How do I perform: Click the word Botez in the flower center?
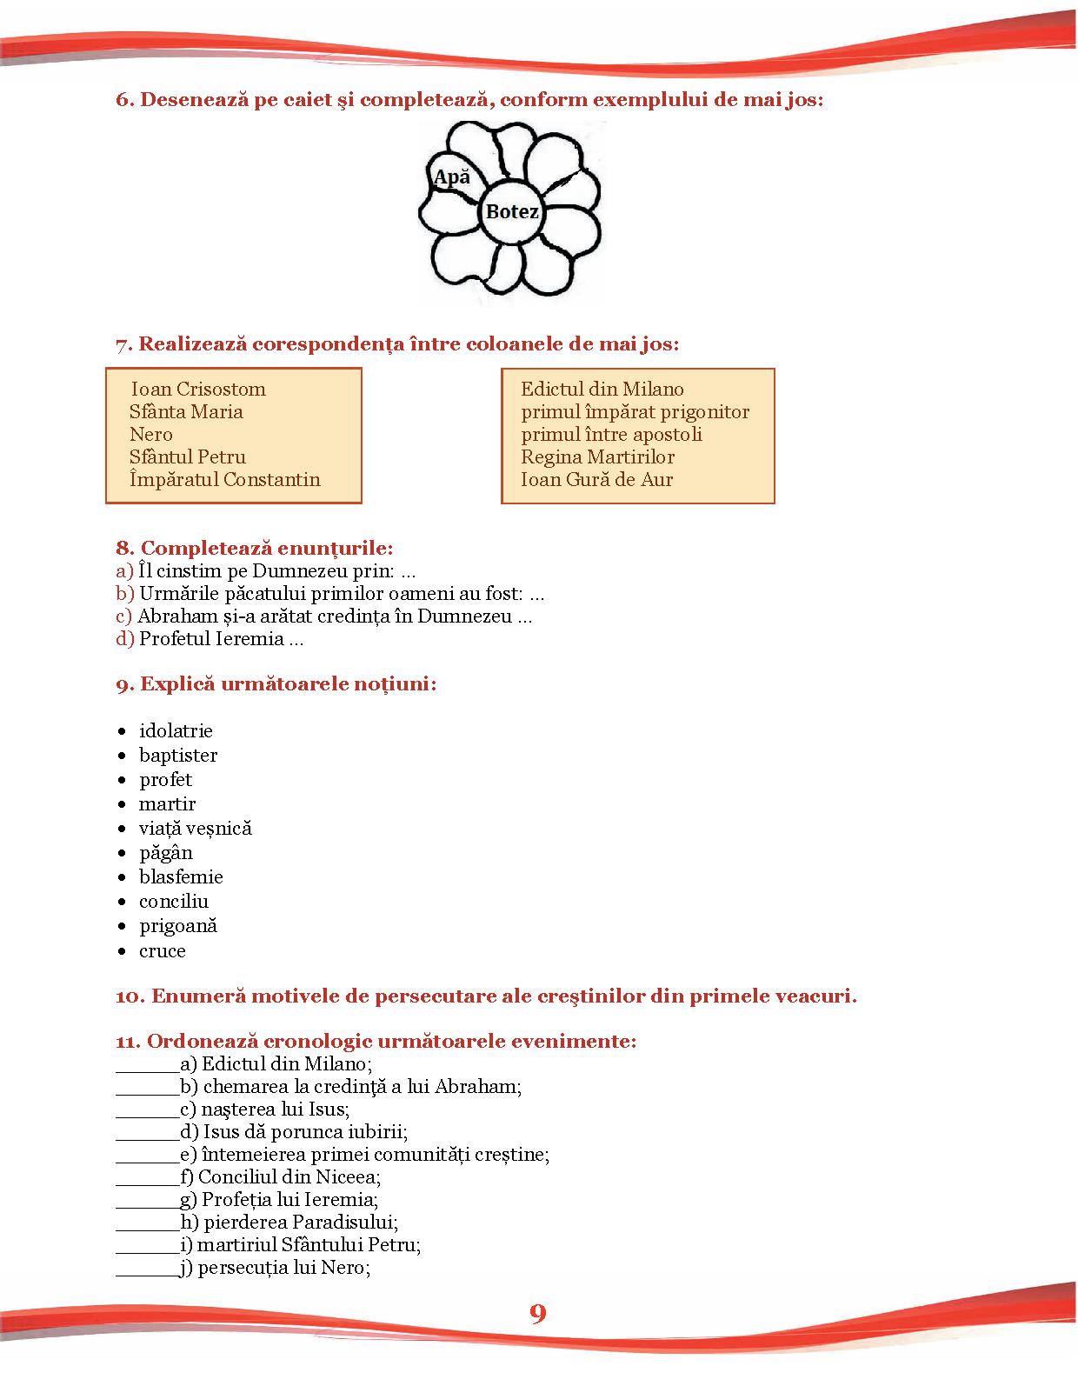pyautogui.click(x=512, y=211)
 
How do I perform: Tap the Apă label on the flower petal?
pyautogui.click(x=451, y=177)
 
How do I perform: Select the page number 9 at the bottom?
pyautogui.click(x=538, y=1313)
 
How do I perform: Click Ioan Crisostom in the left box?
pyautogui.click(x=198, y=389)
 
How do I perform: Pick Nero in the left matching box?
pyautogui.click(x=151, y=434)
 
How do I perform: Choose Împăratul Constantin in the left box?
pyautogui.click(x=224, y=479)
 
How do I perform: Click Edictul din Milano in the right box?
pyautogui.click(x=602, y=389)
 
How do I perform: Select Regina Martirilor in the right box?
pyautogui.click(x=598, y=456)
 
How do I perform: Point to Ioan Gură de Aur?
pyautogui.click(x=597, y=479)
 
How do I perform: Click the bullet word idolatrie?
pyautogui.click(x=176, y=730)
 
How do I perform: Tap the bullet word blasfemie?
pyautogui.click(x=181, y=876)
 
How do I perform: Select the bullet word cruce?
pyautogui.click(x=163, y=950)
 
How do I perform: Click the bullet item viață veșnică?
pyautogui.click(x=196, y=828)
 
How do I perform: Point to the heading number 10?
pyautogui.click(x=130, y=996)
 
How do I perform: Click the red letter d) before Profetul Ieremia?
pyautogui.click(x=125, y=639)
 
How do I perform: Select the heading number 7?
pyautogui.click(x=123, y=344)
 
